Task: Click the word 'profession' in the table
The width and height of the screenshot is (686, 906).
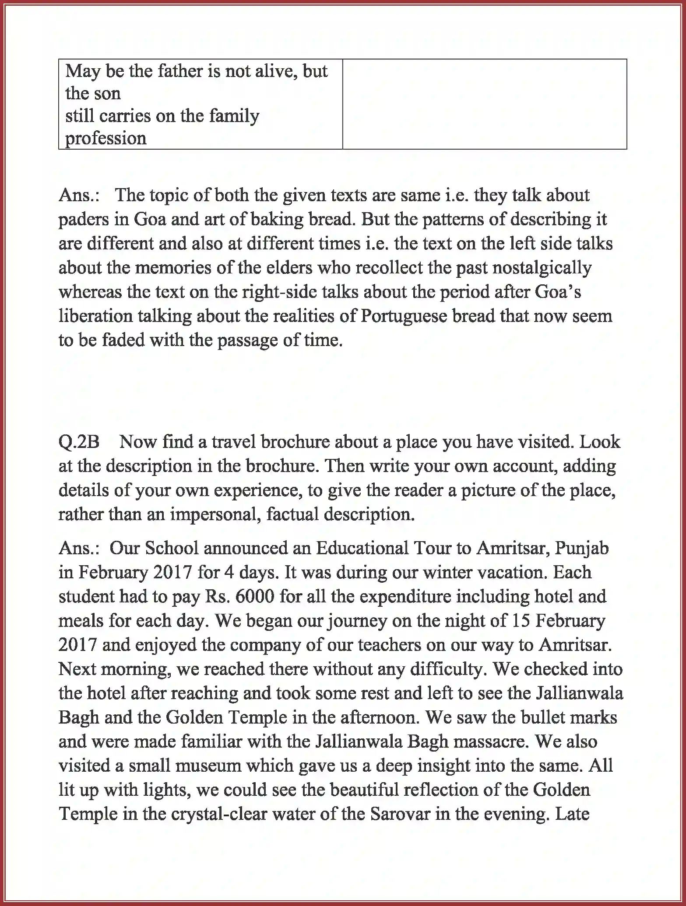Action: tap(106, 139)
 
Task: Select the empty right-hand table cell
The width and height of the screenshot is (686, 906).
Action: tap(484, 104)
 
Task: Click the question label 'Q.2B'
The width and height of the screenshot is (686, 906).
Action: tap(79, 442)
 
